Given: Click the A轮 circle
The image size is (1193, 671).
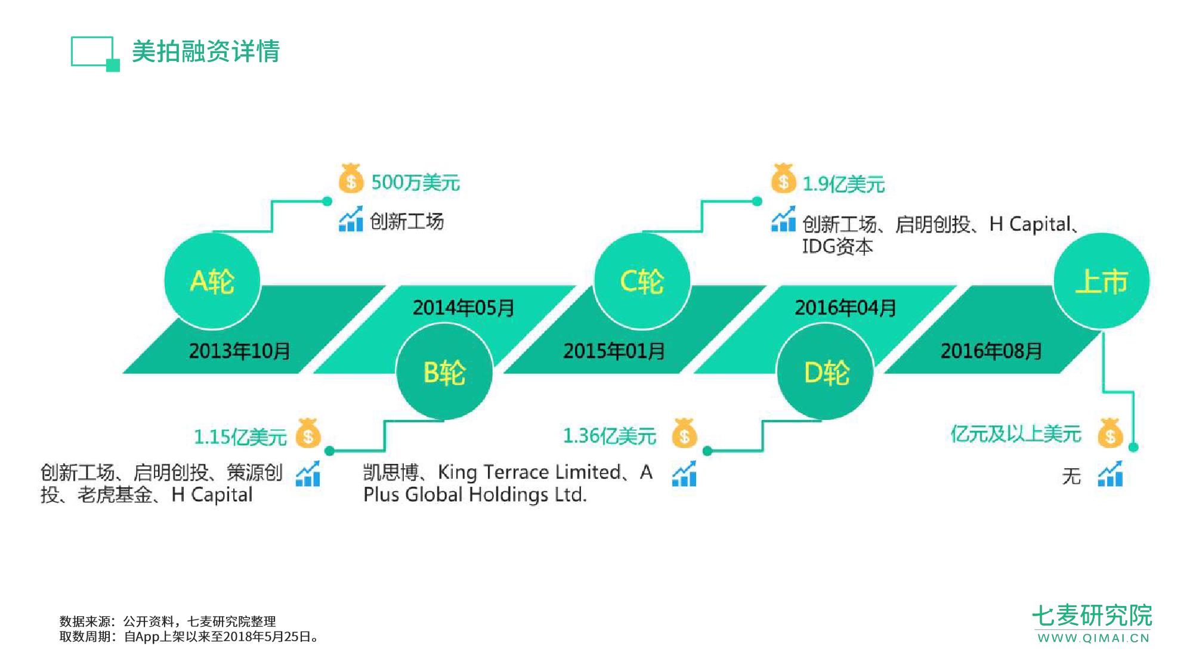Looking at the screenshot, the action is click(212, 281).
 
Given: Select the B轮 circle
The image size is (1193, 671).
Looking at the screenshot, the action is click(444, 372).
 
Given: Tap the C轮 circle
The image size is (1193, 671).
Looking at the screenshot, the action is click(642, 281).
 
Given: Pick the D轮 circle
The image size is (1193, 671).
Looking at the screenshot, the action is click(826, 372).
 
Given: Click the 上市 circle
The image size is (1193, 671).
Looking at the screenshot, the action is click(1102, 281).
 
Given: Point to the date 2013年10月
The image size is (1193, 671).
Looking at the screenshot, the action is click(239, 351).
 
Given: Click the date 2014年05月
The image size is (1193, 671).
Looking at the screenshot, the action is click(463, 308).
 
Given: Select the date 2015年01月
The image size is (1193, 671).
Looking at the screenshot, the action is click(614, 351).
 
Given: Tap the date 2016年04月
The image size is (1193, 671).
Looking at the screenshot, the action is click(845, 308).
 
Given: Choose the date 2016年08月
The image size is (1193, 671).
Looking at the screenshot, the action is click(991, 351).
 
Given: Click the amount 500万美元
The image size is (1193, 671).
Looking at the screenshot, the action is click(416, 183).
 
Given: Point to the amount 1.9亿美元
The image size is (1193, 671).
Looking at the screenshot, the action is click(843, 184).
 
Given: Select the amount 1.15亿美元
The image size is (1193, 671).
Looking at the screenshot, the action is click(240, 437).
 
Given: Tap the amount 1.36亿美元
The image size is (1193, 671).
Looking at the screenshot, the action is click(610, 436).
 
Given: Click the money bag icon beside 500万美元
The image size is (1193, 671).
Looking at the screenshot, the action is click(351, 178).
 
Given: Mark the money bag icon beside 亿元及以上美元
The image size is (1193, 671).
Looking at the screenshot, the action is click(1110, 433).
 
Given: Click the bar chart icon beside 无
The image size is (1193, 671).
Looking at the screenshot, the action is click(1110, 474).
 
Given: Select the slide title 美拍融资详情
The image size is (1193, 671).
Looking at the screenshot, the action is click(206, 51).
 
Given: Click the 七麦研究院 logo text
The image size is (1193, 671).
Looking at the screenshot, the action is click(1092, 616).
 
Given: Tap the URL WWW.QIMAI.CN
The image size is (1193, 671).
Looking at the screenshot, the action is click(1093, 638).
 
